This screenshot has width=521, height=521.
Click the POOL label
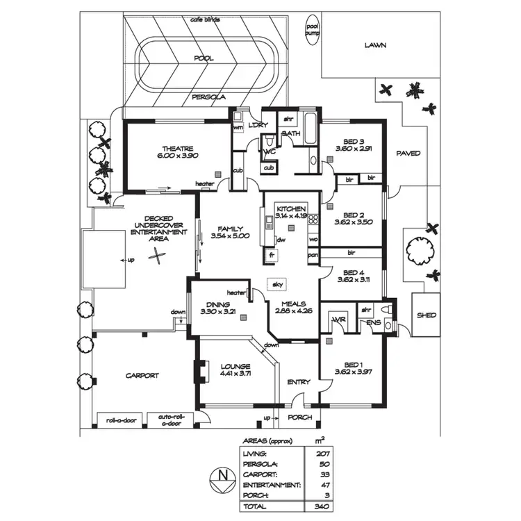pyautogui.click(x=204, y=59)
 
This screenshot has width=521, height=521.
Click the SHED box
pyautogui.click(x=426, y=315)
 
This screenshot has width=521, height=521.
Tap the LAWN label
pyautogui.click(x=375, y=46)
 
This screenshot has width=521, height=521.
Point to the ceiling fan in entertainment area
pyautogui.click(x=160, y=256)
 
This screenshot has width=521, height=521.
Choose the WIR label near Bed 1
pyautogui.click(x=338, y=320)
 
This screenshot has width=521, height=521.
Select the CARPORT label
pyautogui.click(x=142, y=376)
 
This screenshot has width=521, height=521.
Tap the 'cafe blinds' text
pyautogui.click(x=206, y=19)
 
